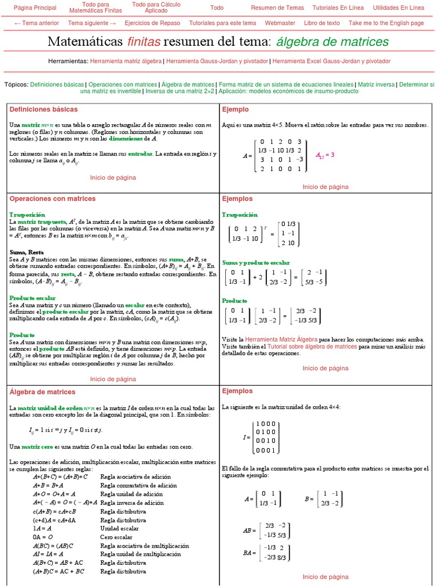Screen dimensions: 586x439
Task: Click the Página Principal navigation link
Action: (x=35, y=8)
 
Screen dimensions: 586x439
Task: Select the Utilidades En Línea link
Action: (x=398, y=8)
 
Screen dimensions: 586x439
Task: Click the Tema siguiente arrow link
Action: (x=92, y=23)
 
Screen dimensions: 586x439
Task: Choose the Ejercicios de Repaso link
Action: (x=152, y=23)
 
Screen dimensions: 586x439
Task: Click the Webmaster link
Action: (x=280, y=23)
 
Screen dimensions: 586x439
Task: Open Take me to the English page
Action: (x=386, y=23)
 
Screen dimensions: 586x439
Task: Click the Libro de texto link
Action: (x=322, y=23)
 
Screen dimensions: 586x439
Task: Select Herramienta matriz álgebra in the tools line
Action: (x=125, y=61)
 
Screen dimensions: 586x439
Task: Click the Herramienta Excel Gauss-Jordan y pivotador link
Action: (x=332, y=61)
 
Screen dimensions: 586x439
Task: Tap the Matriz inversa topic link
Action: (x=376, y=84)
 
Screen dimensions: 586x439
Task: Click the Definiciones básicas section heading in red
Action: (x=43, y=109)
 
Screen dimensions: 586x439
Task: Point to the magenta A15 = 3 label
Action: (x=325, y=155)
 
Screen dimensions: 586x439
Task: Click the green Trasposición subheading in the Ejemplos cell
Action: (x=240, y=215)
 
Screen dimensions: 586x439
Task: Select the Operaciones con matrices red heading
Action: (x=53, y=199)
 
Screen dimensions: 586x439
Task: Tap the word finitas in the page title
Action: (x=144, y=42)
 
